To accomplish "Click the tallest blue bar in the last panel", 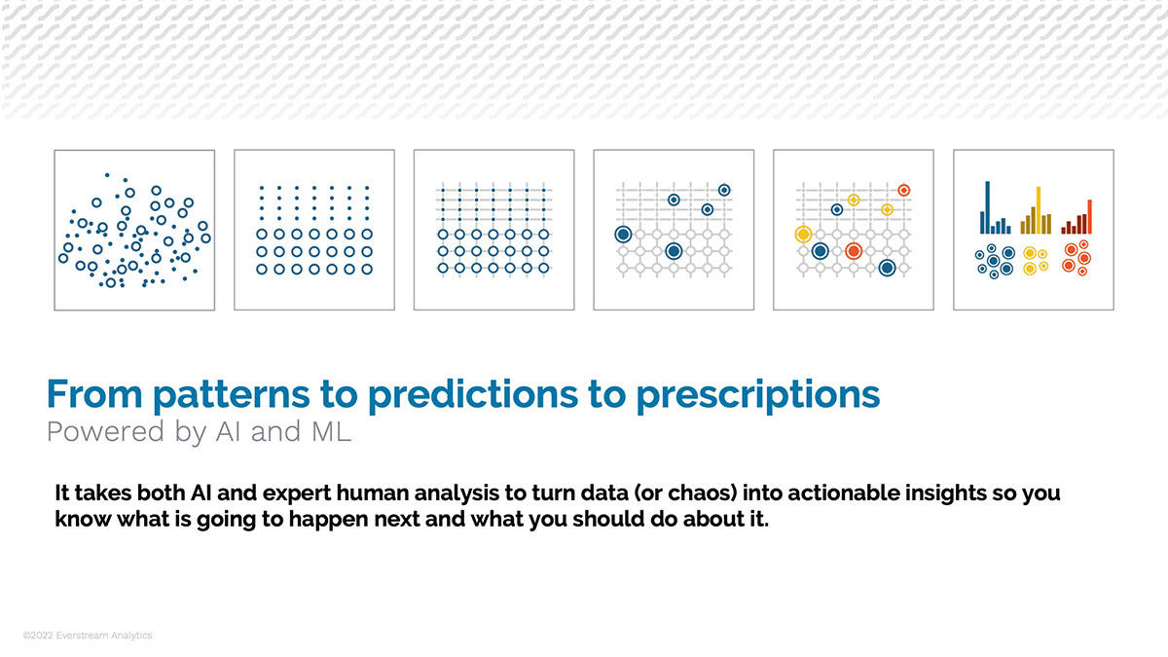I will [x=987, y=207].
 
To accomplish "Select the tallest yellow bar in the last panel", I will [x=1039, y=210].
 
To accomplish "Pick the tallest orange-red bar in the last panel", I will [x=1089, y=216].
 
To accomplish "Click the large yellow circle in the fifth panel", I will [x=803, y=235].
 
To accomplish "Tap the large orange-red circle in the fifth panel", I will [x=854, y=251].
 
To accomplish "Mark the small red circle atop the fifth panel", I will [x=903, y=190].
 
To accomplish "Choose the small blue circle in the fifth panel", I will [x=836, y=209].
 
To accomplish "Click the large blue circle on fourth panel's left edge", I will [x=623, y=235].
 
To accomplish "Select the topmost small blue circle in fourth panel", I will [x=723, y=190].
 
